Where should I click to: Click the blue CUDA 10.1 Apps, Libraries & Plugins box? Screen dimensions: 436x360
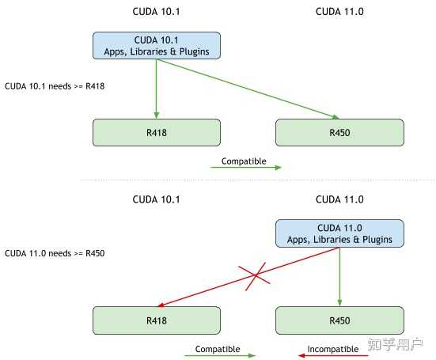coord(157,45)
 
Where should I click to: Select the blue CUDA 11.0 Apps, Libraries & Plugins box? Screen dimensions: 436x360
coord(339,233)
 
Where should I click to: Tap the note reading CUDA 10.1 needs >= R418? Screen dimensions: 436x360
coord(55,86)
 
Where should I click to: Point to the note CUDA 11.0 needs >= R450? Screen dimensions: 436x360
coord(55,253)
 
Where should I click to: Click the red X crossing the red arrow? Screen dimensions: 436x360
coord(255,276)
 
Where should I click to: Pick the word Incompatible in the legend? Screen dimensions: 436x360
coord(333,349)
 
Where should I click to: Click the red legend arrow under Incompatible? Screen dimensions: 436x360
coord(333,355)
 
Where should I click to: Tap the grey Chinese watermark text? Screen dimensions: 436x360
coord(396,344)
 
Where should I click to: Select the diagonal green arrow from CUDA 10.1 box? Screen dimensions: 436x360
coord(248,89)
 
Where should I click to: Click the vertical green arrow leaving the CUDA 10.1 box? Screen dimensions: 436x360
coord(156,89)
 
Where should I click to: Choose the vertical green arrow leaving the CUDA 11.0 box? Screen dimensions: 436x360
coord(339,277)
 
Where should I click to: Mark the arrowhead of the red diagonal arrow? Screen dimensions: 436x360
coord(161,305)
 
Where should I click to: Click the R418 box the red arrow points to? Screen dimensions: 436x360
coord(157,320)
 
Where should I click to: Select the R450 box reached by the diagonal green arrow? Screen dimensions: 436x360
coord(339,133)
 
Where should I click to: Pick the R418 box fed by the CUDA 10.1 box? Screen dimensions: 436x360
coord(157,133)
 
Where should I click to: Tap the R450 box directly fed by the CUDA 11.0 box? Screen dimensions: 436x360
coord(339,320)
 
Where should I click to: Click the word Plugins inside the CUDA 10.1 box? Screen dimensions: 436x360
coord(195,51)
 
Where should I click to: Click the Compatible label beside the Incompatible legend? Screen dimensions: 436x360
coord(218,349)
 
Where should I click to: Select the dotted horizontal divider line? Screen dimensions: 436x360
coord(258,180)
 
